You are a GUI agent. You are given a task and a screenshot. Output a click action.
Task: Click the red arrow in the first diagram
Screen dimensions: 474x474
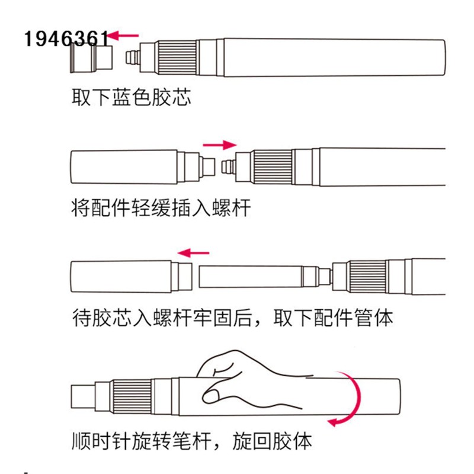click(125, 36)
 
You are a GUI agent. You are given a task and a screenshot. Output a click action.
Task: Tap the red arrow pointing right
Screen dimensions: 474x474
click(219, 144)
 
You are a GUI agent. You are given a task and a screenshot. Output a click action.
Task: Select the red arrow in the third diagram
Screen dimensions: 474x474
click(194, 253)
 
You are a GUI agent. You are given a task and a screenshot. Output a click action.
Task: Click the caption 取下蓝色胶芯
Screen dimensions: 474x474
click(131, 97)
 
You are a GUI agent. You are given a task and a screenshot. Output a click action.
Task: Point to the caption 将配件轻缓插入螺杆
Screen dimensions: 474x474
click(159, 208)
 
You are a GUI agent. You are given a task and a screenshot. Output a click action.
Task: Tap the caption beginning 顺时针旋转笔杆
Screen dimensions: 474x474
click(190, 441)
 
